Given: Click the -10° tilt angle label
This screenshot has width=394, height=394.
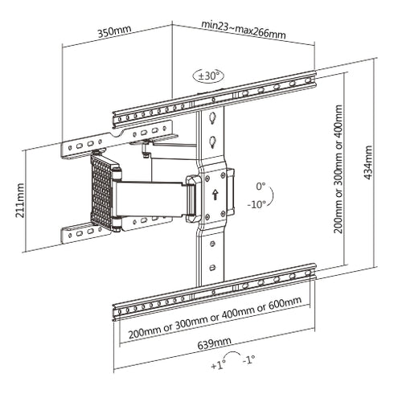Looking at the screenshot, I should coord(259,203).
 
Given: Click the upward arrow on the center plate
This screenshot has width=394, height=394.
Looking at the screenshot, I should coord(215,194).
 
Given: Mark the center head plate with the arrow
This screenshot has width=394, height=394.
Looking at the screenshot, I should coord(214,193).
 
